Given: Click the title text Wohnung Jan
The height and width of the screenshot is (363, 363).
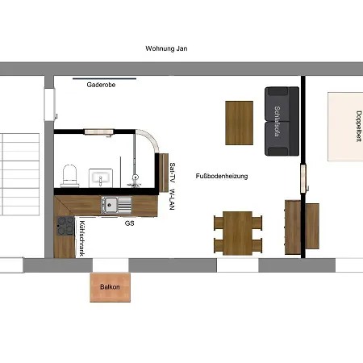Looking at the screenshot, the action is [166, 48].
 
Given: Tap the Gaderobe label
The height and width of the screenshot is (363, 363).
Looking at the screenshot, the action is [101, 85].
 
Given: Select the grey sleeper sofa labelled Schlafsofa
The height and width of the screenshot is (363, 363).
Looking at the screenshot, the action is [282, 121].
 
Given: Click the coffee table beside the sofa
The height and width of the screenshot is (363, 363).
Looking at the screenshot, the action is [239, 123].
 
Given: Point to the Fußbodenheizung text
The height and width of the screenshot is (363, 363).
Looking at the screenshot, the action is [222, 176].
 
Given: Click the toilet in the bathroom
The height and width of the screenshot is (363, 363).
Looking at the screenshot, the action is [70, 176].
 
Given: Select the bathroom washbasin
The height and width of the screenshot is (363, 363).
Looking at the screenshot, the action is [101, 177].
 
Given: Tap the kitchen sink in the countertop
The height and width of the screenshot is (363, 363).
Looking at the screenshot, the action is [116, 205].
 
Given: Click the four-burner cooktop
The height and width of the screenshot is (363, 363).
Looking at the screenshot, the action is [65, 226].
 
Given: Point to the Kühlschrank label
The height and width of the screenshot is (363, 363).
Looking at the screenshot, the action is [82, 239].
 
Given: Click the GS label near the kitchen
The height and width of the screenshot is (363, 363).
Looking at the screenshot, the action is [129, 223].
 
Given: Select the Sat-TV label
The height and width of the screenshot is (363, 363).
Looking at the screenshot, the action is [173, 173].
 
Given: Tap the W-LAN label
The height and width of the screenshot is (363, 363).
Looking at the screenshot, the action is [173, 199].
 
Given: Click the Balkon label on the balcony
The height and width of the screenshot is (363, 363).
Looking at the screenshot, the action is [110, 287].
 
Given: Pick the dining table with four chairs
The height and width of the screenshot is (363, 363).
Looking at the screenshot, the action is [238, 233].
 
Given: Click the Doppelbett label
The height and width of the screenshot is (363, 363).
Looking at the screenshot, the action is [359, 126].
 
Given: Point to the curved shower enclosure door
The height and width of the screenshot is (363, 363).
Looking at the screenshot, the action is [149, 139].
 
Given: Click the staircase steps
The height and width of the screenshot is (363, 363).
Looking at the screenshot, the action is [20, 174].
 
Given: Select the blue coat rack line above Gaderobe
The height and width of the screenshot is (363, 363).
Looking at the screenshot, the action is [104, 79].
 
